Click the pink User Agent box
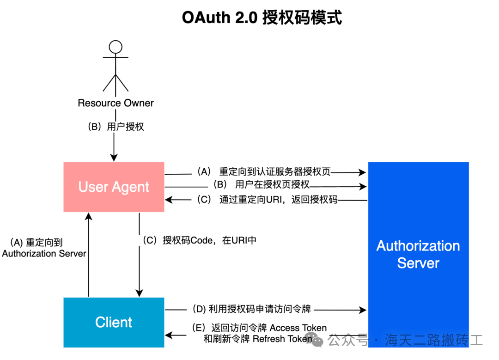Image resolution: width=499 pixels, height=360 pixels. pyautogui.click(x=114, y=187)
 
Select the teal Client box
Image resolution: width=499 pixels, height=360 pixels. pyautogui.click(x=114, y=322)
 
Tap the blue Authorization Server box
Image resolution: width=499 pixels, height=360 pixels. pyautogui.click(x=418, y=254)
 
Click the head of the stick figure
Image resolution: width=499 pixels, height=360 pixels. pyautogui.click(x=115, y=47)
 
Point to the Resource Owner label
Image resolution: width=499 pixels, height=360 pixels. pyautogui.click(x=116, y=103)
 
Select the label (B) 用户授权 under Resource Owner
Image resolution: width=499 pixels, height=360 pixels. pyautogui.click(x=116, y=126)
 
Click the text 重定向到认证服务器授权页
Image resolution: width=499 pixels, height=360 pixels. pyautogui.click(x=275, y=171)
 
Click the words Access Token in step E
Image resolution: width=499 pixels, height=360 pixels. pyautogui.click(x=298, y=328)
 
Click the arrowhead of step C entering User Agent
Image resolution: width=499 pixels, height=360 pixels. pyautogui.click(x=168, y=200)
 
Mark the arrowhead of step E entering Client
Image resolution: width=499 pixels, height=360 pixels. pyautogui.click(x=168, y=334)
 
